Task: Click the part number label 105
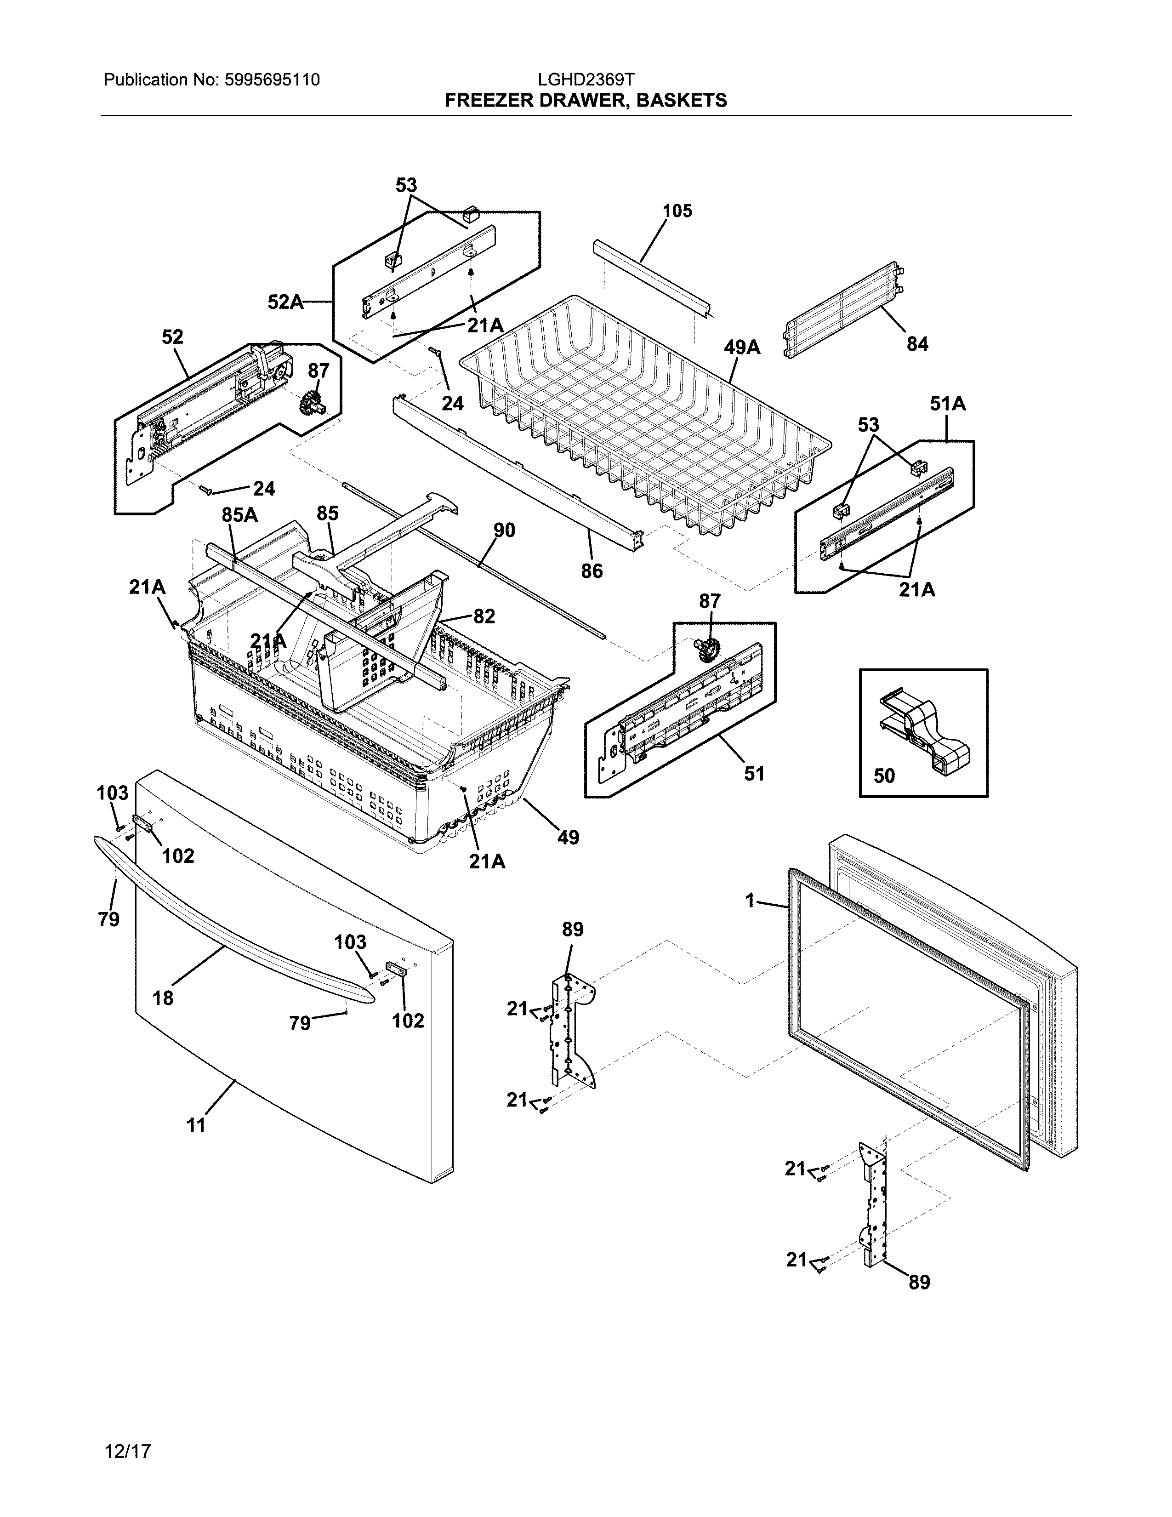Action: tap(677, 211)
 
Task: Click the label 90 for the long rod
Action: tap(504, 530)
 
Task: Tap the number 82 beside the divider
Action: tap(484, 616)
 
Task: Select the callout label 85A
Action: tap(239, 515)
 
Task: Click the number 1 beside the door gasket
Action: tap(750, 901)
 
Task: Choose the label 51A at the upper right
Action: tap(948, 404)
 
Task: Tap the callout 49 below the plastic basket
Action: tap(568, 838)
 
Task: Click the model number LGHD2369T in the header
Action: tap(585, 80)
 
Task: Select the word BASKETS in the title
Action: tap(681, 101)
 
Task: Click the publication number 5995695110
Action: tap(272, 80)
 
